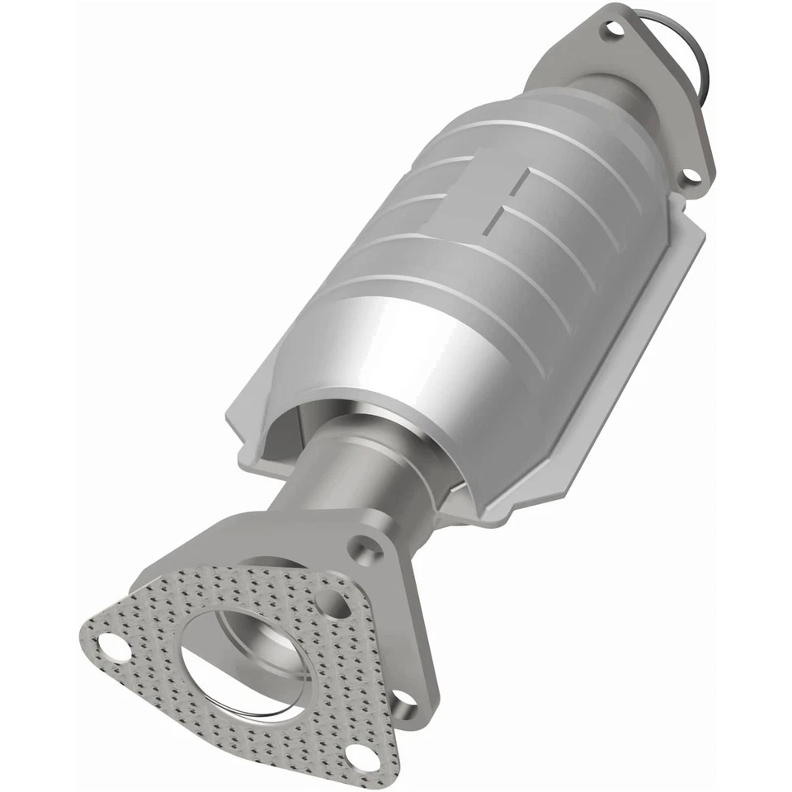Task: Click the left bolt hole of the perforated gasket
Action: coord(112,648)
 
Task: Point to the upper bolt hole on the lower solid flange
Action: coord(364,547)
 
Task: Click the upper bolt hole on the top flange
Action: coord(613,30)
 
